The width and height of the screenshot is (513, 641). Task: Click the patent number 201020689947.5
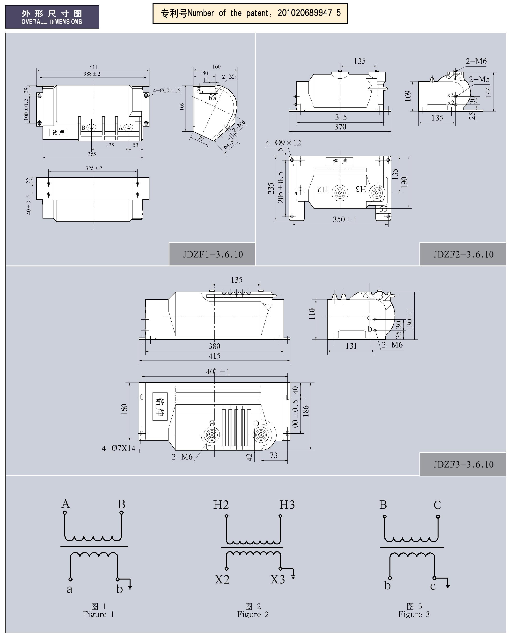[x=309, y=13]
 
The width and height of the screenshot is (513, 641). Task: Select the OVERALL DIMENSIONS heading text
[x=52, y=22]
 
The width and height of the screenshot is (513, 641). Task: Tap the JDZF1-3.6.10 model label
[x=213, y=255]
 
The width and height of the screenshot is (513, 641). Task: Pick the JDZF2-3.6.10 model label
[x=463, y=255]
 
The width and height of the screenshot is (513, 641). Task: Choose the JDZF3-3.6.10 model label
[x=463, y=464]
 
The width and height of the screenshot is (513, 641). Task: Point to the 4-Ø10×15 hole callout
[x=167, y=90]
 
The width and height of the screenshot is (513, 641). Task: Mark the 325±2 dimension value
[x=94, y=168]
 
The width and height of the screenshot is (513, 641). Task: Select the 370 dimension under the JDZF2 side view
[x=340, y=127]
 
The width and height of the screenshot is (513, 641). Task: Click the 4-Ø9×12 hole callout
[x=283, y=143]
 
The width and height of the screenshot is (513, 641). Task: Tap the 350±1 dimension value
[x=344, y=219]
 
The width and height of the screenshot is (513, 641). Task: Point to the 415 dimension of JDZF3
[x=214, y=356]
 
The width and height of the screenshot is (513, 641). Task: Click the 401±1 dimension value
[x=218, y=372]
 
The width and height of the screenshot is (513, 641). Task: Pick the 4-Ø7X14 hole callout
[x=118, y=448]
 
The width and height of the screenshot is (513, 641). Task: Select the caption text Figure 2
[x=253, y=614]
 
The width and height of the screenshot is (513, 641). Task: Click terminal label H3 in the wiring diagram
[x=287, y=505]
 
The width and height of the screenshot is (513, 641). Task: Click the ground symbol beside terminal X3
[x=293, y=577]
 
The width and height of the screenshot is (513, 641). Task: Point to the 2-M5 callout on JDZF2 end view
[x=479, y=79]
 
